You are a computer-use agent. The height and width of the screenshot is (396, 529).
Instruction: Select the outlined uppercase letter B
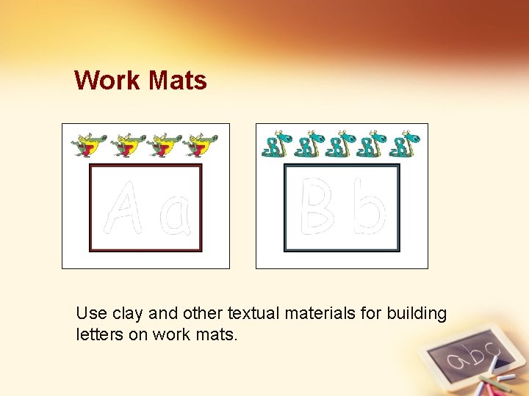pyautogui.click(x=318, y=208)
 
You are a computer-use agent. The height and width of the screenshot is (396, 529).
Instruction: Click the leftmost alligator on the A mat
pyautogui.click(x=88, y=145)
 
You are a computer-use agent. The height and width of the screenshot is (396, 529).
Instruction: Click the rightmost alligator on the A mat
pyautogui.click(x=200, y=145)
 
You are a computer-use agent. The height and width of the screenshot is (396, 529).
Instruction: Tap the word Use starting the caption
pyautogui.click(x=92, y=314)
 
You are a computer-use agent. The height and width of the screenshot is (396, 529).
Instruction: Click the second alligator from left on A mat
pyautogui.click(x=126, y=145)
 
